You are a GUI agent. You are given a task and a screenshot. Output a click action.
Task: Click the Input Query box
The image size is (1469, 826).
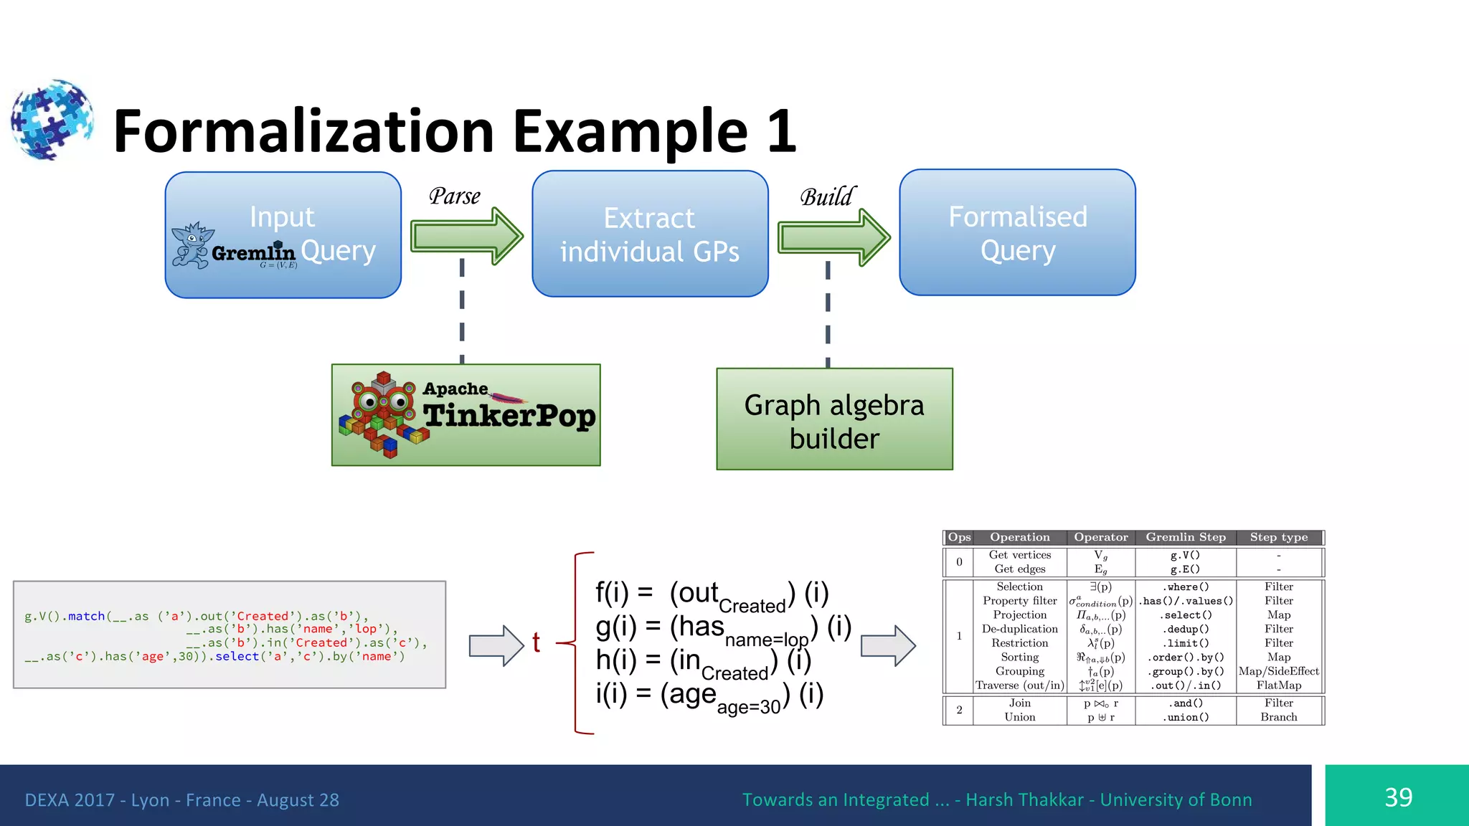(283, 234)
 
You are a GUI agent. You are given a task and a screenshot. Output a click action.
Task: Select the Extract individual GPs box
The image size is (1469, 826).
(650, 234)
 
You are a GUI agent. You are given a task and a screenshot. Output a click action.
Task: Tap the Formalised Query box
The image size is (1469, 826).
(1017, 233)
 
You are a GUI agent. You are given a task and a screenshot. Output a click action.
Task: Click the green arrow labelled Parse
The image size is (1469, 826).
(466, 235)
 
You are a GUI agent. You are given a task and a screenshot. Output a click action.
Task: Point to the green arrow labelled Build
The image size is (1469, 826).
(833, 237)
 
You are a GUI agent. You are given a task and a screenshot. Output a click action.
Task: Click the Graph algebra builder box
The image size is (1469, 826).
(834, 420)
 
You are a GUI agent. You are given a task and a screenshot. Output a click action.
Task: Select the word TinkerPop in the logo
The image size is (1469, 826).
(509, 416)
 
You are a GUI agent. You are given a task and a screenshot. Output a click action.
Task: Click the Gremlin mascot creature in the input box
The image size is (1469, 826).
(192, 245)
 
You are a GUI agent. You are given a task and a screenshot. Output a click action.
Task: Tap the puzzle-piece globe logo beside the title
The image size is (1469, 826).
(52, 120)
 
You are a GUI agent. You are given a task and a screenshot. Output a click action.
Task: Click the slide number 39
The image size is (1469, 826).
(1397, 797)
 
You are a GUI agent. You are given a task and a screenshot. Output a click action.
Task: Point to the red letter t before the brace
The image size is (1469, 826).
(536, 642)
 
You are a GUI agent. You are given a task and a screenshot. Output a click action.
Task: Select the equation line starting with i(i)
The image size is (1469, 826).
(709, 695)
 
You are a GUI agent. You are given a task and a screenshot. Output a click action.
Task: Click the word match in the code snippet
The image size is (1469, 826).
(87, 616)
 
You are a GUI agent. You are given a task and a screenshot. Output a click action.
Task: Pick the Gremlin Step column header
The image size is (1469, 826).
(1185, 537)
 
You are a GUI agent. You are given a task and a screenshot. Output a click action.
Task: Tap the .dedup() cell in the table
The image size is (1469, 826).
(1185, 629)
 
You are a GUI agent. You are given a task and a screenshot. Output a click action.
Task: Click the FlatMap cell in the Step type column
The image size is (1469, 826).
(1278, 685)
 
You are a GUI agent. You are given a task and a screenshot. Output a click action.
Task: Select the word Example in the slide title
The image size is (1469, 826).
(630, 131)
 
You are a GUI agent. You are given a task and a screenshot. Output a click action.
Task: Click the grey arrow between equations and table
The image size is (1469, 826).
(887, 645)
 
